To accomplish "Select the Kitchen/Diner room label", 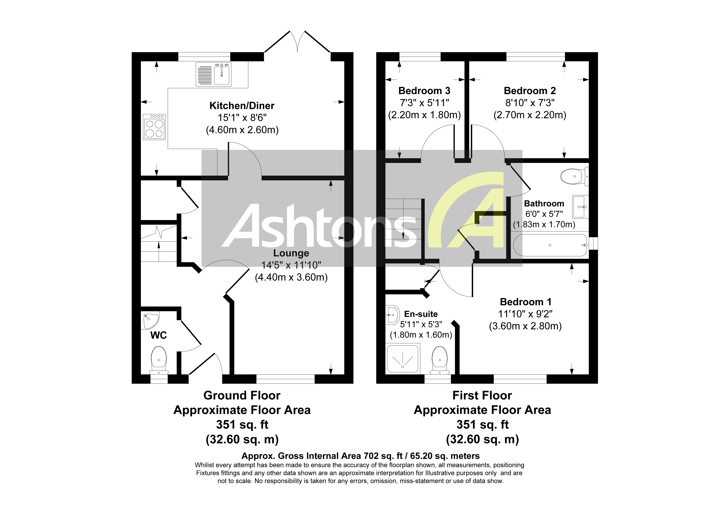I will point(242,106).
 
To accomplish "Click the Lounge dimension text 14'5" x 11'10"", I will point(291,265).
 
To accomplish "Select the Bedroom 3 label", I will point(424,91).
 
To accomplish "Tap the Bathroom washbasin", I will point(580,207).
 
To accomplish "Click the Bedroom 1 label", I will point(526,302).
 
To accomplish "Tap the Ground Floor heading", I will point(242,395).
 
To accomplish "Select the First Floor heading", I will point(482,395).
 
